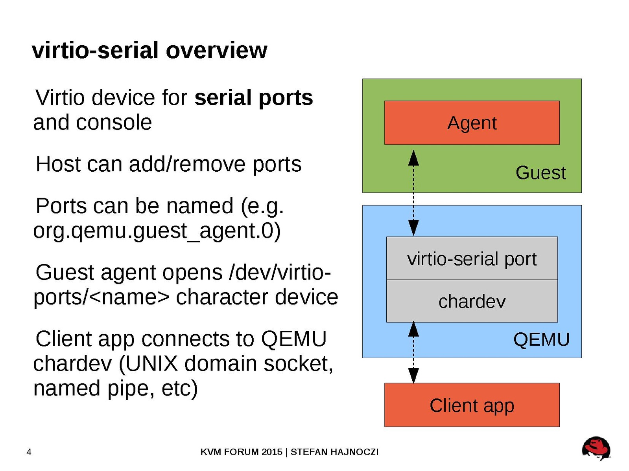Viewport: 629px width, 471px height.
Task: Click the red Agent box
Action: (x=472, y=123)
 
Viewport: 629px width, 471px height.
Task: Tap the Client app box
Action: (x=472, y=405)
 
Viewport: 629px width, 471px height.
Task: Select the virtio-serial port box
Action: (x=472, y=258)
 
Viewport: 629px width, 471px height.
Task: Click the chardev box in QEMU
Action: (x=472, y=301)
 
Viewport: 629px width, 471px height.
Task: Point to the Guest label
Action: (x=540, y=173)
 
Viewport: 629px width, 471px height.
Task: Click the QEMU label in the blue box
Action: (x=541, y=339)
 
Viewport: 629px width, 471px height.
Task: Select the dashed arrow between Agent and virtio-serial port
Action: (x=413, y=192)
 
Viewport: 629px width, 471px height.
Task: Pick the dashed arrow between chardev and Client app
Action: (x=413, y=352)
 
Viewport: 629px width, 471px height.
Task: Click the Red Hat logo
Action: (x=596, y=448)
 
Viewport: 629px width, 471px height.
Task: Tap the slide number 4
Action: (x=29, y=452)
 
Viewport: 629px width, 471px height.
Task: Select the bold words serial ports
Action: (x=254, y=97)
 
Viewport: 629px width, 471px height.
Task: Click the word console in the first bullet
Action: (x=114, y=122)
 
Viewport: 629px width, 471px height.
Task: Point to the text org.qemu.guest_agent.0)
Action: (x=157, y=231)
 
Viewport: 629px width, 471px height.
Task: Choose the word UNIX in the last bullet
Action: (x=152, y=363)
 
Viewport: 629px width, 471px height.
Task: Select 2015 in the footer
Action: (x=272, y=452)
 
